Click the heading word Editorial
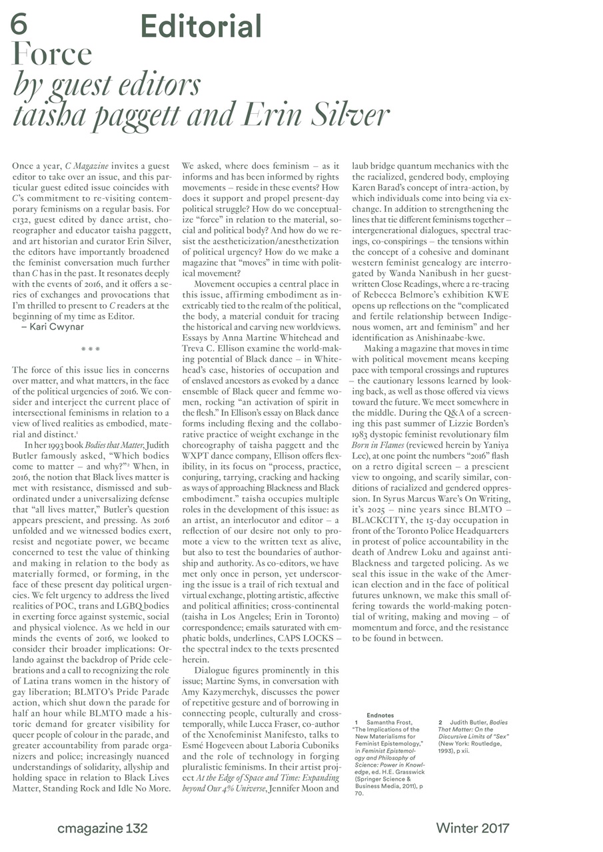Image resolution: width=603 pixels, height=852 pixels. pos(201,27)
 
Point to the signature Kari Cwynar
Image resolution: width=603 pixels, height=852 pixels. pos(54,327)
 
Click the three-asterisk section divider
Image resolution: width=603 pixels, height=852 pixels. pos(91,349)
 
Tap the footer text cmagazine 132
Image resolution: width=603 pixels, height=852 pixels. pos(103,828)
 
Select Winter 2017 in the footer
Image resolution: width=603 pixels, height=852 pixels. pos(472,828)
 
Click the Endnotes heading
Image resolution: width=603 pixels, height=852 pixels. pos(380,715)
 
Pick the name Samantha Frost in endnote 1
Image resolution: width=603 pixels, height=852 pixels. pos(390,722)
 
